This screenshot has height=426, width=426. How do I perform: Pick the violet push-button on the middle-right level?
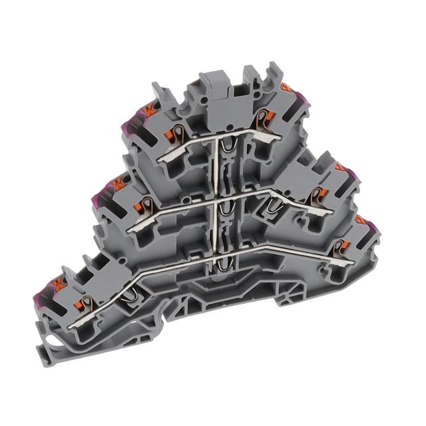click(351, 176)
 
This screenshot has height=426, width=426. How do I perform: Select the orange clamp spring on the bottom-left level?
click(85, 304)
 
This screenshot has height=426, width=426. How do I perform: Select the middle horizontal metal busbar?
click(220, 198)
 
